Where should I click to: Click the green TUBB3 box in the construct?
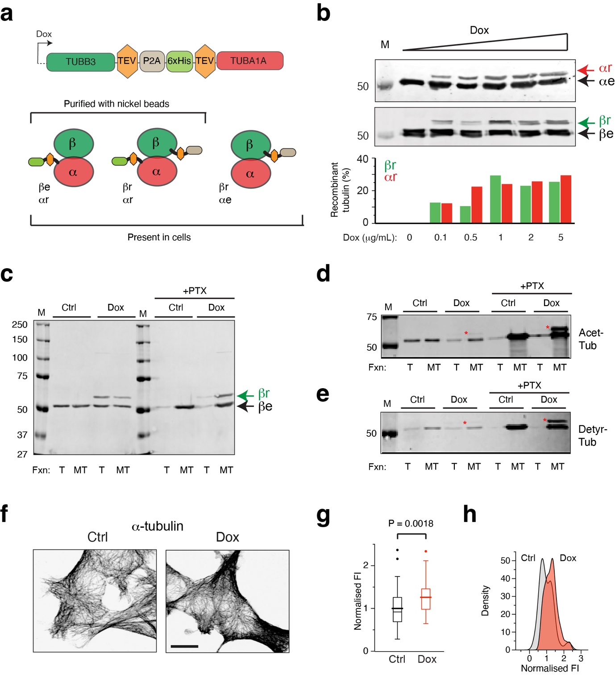click(x=80, y=62)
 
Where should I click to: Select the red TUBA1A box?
click(x=249, y=61)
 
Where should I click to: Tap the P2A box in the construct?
click(x=152, y=61)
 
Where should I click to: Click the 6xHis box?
click(x=179, y=61)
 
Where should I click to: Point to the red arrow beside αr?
click(x=586, y=70)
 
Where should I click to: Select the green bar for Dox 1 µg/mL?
click(x=495, y=199)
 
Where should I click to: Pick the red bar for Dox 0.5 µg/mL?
click(x=477, y=204)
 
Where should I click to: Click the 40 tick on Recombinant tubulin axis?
click(x=363, y=159)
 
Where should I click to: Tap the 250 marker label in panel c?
click(x=20, y=324)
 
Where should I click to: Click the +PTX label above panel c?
click(x=195, y=291)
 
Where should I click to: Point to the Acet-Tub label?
click(x=590, y=339)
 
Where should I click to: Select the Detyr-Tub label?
click(x=592, y=435)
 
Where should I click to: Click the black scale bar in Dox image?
click(x=184, y=646)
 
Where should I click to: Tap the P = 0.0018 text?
click(x=411, y=523)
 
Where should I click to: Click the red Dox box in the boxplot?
click(x=426, y=599)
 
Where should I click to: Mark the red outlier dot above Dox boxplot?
click(x=426, y=552)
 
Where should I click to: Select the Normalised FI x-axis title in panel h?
click(x=549, y=668)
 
